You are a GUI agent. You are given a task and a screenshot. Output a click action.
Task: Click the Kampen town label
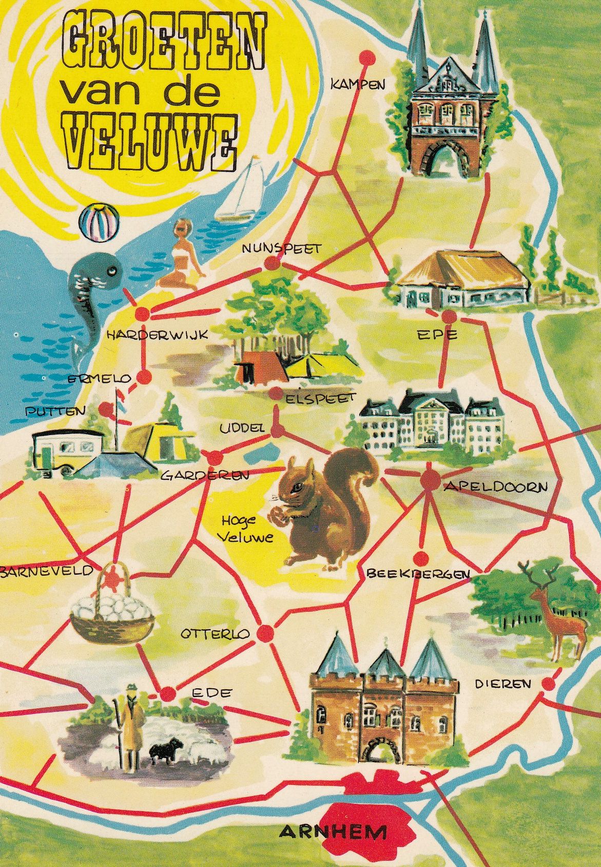[x=358, y=84]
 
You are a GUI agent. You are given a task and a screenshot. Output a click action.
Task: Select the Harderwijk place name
[x=157, y=335]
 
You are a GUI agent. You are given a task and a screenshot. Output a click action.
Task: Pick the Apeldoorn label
[x=495, y=486]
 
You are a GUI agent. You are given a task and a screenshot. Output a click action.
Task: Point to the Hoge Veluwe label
[x=239, y=529]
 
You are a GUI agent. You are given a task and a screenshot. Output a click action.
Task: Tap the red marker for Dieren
[x=548, y=684]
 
